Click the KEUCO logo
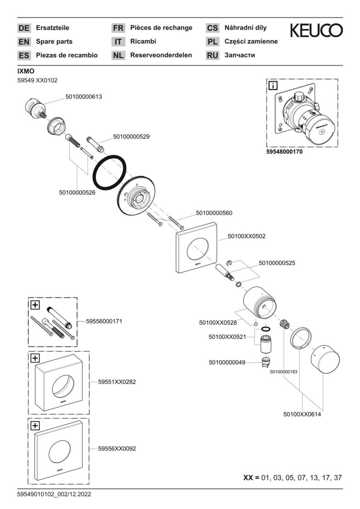(x=316, y=31)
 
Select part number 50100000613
(x=83, y=97)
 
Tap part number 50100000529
(x=131, y=137)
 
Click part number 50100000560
(x=214, y=213)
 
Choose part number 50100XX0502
(x=246, y=237)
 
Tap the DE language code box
(x=24, y=28)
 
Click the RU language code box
(x=213, y=56)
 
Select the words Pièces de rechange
(x=161, y=28)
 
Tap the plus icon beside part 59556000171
(x=34, y=304)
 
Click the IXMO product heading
(x=26, y=71)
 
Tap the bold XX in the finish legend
(x=248, y=477)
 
